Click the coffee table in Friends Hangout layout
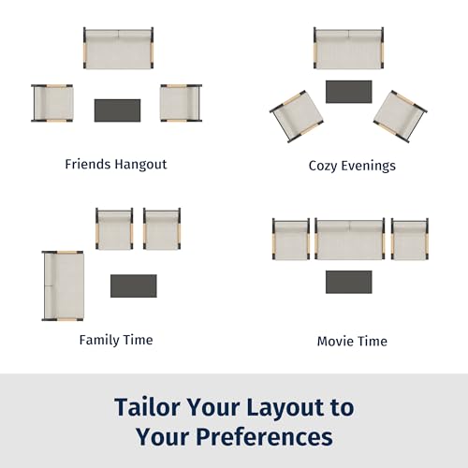(117, 110)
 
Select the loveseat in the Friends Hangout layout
(118, 48)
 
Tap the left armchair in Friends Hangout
(52, 103)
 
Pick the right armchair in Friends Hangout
(181, 103)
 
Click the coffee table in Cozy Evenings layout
(349, 92)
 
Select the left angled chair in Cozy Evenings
(297, 116)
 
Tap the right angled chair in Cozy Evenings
(401, 116)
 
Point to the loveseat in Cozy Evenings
(349, 48)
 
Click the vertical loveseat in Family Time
(63, 285)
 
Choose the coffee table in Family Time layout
(134, 285)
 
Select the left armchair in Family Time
(114, 228)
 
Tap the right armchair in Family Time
(162, 228)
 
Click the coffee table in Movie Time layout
(349, 282)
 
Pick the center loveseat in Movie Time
(350, 239)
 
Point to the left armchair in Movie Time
(291, 239)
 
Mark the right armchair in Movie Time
(410, 239)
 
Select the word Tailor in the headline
(148, 407)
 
